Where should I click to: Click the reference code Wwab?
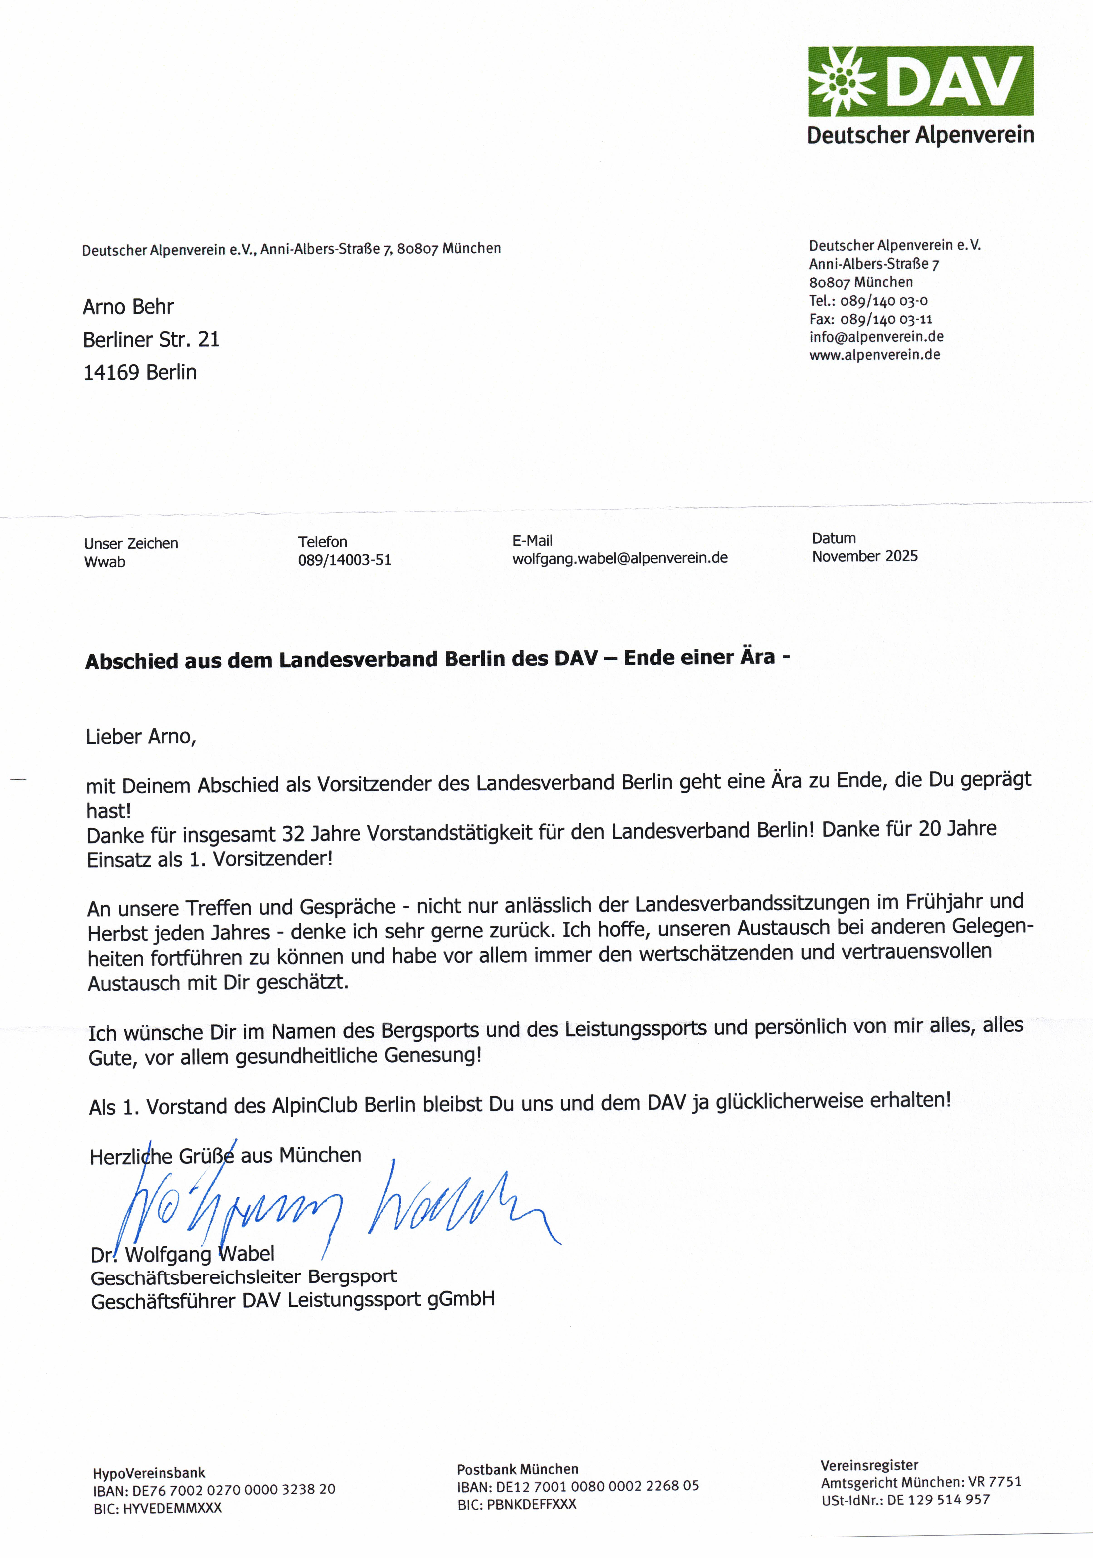[x=105, y=562]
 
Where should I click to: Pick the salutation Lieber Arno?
[x=141, y=737]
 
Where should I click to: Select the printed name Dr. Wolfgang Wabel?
[x=182, y=1254]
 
